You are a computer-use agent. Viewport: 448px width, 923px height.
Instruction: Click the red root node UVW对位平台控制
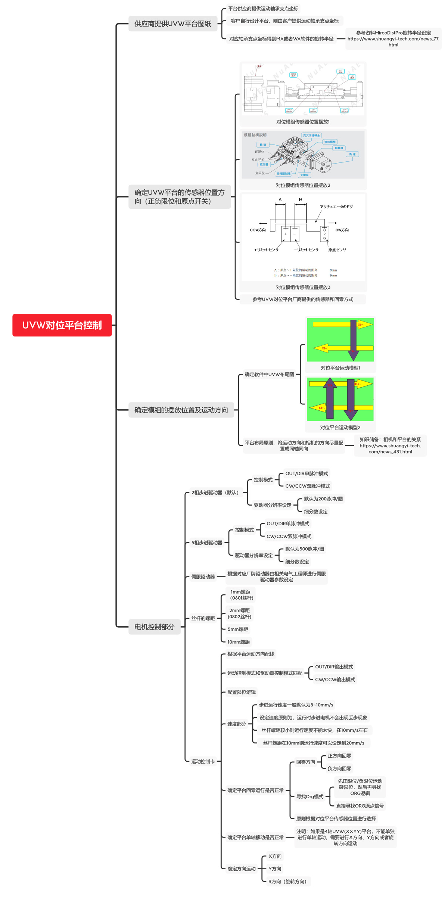(62, 325)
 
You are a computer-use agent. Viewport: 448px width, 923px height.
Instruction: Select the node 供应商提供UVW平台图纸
(173, 24)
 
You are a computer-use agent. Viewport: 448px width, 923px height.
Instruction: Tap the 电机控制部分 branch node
(154, 627)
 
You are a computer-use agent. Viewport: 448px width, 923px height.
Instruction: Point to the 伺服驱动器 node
(203, 577)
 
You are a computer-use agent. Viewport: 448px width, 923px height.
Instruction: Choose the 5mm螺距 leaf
(238, 629)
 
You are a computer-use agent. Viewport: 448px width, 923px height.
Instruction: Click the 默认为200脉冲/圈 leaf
(323, 499)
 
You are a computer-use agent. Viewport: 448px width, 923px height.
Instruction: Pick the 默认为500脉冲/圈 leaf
(304, 549)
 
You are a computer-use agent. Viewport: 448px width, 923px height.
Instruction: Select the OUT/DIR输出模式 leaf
(334, 667)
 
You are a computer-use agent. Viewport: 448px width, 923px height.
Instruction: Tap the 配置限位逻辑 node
(241, 692)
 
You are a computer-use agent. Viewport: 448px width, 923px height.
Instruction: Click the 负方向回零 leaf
(339, 768)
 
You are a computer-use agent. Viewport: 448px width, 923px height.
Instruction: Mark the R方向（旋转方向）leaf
(287, 881)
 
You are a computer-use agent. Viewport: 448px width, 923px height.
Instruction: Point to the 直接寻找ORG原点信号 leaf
(360, 806)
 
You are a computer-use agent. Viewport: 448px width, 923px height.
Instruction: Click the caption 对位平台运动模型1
(340, 368)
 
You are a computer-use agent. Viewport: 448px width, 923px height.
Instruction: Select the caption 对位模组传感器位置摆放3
(303, 287)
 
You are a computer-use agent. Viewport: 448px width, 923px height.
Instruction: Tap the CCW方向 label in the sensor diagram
(258, 230)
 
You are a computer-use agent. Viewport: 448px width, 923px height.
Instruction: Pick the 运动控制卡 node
(203, 761)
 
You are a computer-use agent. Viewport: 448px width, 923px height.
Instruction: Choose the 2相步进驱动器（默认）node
(215, 492)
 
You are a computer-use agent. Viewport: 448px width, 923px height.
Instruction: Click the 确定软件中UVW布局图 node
(269, 375)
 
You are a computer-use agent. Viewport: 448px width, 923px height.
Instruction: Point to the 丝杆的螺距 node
(203, 618)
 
